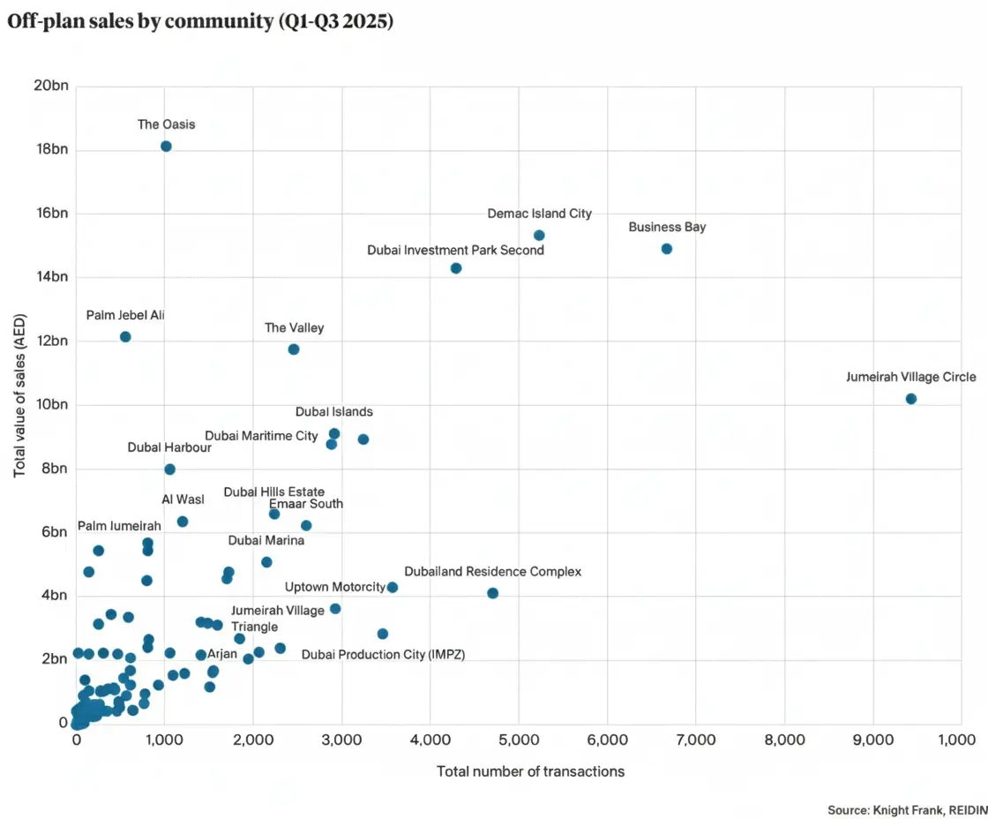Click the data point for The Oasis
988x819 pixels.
[x=166, y=147]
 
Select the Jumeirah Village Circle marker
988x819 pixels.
[x=911, y=399]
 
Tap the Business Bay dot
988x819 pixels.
[x=667, y=249]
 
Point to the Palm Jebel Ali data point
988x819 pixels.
[x=125, y=337]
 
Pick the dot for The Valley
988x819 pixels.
[x=294, y=349]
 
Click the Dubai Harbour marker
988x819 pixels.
[x=169, y=470]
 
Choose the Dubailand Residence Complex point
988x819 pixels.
[x=492, y=593]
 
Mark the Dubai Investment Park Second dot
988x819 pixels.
[x=456, y=268]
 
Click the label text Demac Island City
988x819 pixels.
[x=540, y=214]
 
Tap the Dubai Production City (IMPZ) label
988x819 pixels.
[x=383, y=655]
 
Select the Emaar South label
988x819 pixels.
[x=306, y=504]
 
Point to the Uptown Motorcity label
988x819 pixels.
[x=335, y=587]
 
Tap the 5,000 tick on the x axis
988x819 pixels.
[x=519, y=740]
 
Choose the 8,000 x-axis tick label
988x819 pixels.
[x=783, y=740]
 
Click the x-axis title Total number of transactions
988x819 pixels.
[x=530, y=771]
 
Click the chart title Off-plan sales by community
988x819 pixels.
[x=200, y=23]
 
